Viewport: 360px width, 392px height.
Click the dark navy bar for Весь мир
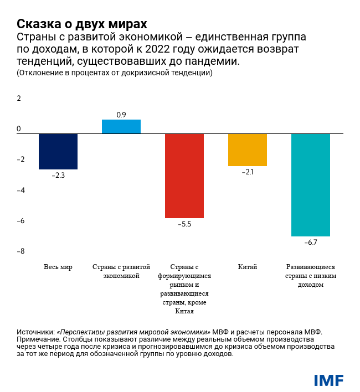tap(58, 151)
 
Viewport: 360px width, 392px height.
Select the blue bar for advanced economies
tap(121, 127)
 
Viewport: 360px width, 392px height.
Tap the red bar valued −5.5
tap(184, 176)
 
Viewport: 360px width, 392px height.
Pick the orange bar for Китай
tap(248, 149)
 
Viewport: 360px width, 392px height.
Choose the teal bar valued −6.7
tap(311, 185)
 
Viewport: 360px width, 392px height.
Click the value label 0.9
tap(121, 115)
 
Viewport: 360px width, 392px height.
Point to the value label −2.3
tap(58, 176)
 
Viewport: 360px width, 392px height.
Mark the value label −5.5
tap(184, 224)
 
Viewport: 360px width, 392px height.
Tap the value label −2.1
tap(248, 172)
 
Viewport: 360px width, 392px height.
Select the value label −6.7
tap(311, 243)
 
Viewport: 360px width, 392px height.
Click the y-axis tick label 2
tap(19, 99)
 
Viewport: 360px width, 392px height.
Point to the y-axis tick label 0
tap(19, 129)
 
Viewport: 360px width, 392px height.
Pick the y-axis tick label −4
tap(20, 190)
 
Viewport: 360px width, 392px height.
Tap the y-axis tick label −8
tap(20, 251)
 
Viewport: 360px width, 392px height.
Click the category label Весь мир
tap(58, 267)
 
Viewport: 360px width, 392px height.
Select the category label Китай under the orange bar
tap(248, 267)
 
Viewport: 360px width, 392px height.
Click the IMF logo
tap(328, 380)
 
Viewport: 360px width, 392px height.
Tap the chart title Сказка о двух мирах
tap(81, 24)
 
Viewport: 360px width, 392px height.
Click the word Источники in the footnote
tap(36, 331)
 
